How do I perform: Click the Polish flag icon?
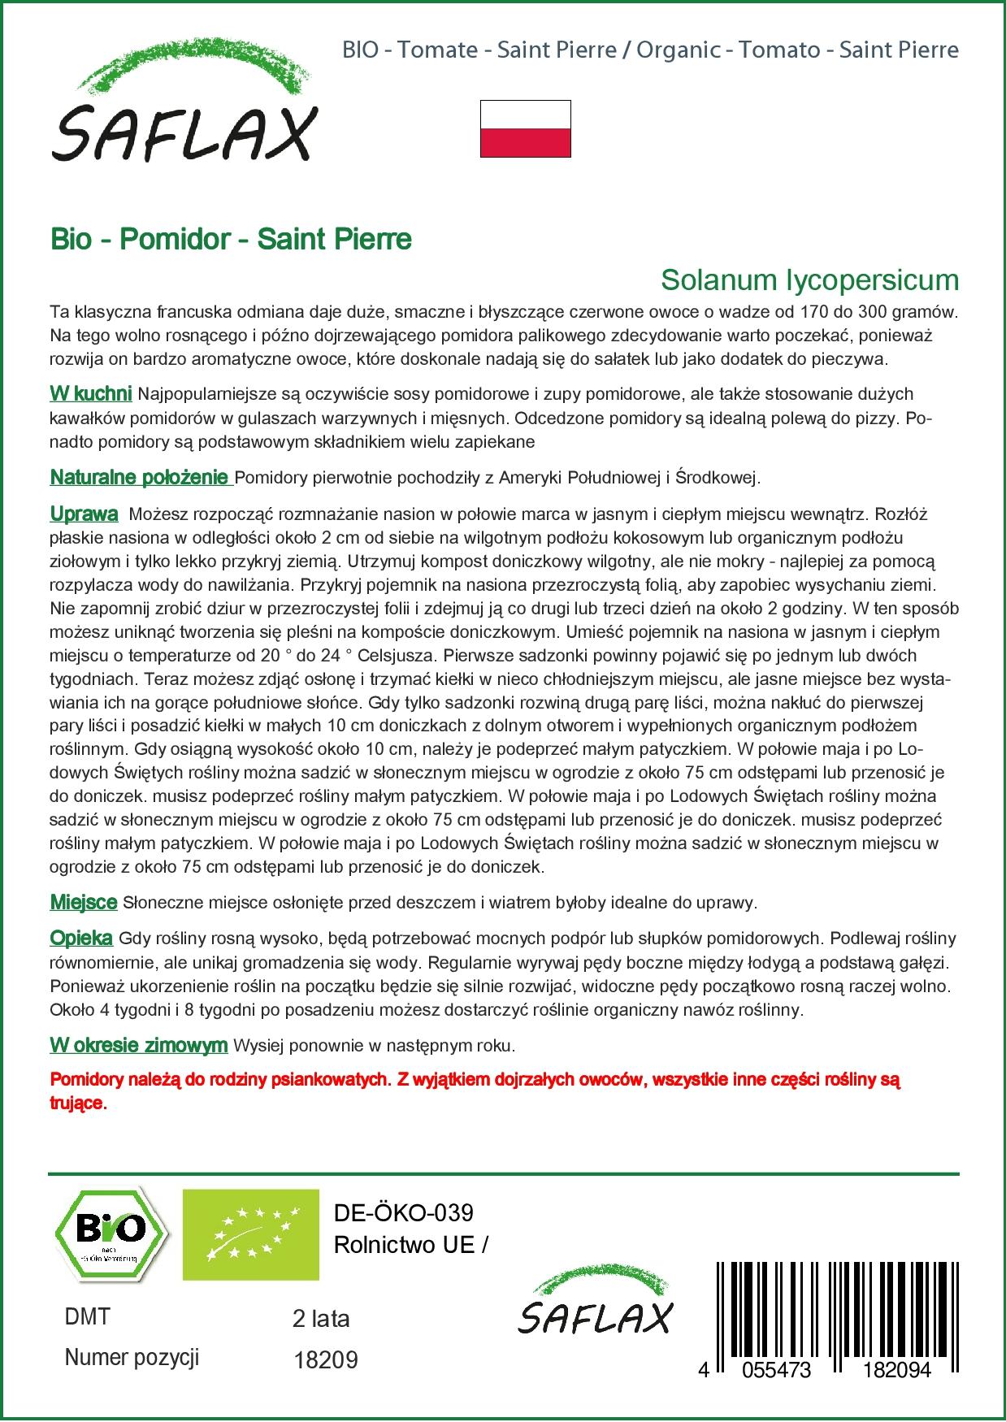click(x=525, y=128)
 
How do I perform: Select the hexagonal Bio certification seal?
click(x=111, y=1234)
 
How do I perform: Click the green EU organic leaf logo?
click(x=250, y=1234)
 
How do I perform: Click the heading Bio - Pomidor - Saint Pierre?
click(x=231, y=239)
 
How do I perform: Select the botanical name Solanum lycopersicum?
click(x=809, y=280)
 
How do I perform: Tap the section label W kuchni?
click(x=91, y=394)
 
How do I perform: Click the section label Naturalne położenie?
click(x=140, y=477)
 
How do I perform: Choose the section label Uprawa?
click(x=84, y=514)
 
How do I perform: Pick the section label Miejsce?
click(x=84, y=902)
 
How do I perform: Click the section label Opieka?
click(x=81, y=938)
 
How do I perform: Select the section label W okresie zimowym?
click(x=138, y=1045)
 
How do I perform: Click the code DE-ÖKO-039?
click(x=403, y=1213)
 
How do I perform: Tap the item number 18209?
click(x=324, y=1360)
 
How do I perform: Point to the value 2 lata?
click(x=320, y=1319)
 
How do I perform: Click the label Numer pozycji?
click(x=132, y=1358)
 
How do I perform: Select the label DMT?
click(x=87, y=1317)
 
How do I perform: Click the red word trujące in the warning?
click(x=78, y=1103)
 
